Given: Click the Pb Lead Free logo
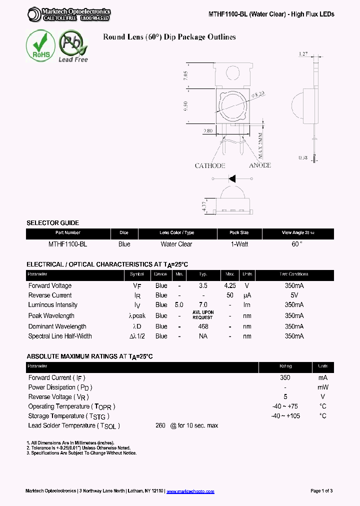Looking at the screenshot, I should pos(73,46).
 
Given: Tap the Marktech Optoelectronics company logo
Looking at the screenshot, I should pos(69,14).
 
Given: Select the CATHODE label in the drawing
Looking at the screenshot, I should pos(210,165).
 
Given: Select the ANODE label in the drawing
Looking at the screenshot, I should pos(259,165).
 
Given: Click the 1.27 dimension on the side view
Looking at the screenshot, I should pos(302,53).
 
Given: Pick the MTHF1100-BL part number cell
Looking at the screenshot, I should pos(67,244).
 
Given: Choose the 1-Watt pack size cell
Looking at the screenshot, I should pos(239,244).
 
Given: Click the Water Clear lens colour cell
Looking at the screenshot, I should pos(176,244).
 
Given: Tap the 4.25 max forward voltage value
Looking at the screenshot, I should pos(230,285).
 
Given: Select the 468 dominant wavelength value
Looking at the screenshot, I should pos(203,326).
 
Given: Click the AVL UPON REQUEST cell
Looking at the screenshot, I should pos(203,315).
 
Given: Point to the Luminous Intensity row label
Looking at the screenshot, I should pos(52,304).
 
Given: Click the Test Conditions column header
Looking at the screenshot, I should pos(294,274).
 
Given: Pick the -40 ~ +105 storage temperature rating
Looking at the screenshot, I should pos(285,416).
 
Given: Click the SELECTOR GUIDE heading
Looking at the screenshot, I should pos(52,223).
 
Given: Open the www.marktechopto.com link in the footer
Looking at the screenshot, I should pos(190,491).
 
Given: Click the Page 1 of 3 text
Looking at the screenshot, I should pos(321,491).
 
